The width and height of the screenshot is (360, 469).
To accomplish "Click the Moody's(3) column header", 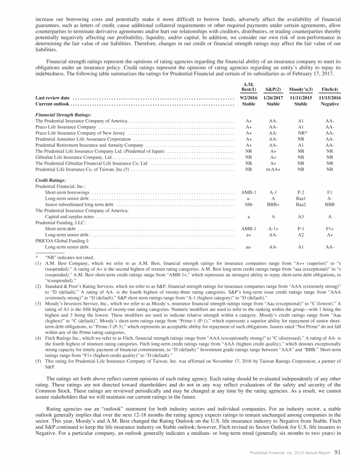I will tap(300, 89).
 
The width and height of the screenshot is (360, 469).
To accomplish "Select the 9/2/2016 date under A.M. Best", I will tap(248, 98).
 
